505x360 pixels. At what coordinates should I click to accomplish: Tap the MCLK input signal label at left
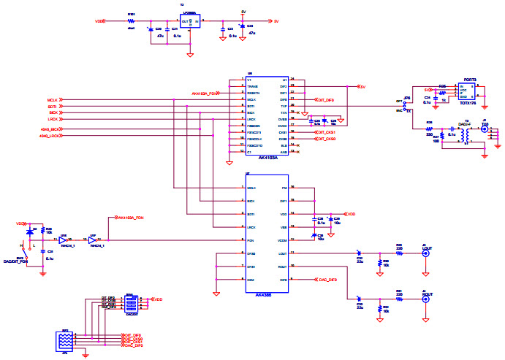pyautogui.click(x=52, y=100)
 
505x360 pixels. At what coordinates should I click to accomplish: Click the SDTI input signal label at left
pyautogui.click(x=52, y=107)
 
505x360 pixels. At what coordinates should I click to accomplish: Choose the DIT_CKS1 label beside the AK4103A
pyautogui.click(x=325, y=132)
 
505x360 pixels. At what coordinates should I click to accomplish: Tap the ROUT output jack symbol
pyautogui.click(x=426, y=299)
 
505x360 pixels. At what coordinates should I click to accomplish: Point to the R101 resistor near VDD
pyautogui.click(x=132, y=22)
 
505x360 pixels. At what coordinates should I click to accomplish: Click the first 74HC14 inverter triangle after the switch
pyautogui.click(x=64, y=239)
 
